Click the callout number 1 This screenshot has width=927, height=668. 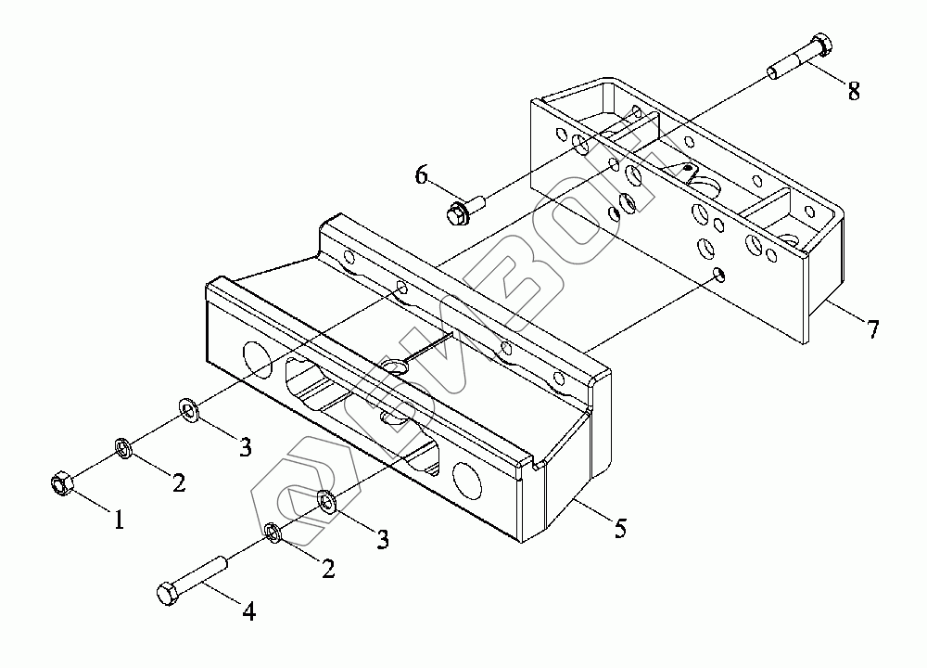tap(119, 520)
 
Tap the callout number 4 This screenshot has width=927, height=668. tap(248, 611)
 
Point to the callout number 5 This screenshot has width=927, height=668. tap(620, 529)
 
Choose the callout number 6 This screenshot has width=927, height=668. tap(422, 174)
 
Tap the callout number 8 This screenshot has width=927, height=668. tap(853, 91)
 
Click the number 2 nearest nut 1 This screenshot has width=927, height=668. tap(179, 482)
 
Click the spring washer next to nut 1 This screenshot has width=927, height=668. tap(122, 449)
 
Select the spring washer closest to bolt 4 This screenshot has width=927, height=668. tap(273, 532)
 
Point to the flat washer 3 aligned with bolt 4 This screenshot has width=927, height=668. tap(326, 501)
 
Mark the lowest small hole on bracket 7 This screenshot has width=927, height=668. tap(719, 275)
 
